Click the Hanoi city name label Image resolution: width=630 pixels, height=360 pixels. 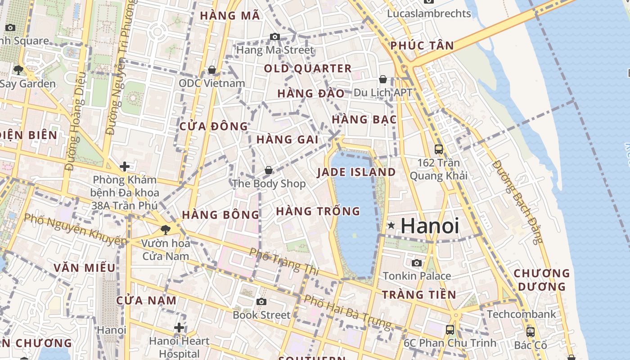tap(430, 225)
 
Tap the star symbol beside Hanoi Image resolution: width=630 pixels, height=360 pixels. tap(391, 225)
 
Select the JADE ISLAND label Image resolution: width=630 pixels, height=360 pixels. tap(356, 172)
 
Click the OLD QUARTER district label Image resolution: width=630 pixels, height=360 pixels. tap(308, 68)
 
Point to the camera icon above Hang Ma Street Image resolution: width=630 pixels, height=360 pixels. tap(275, 36)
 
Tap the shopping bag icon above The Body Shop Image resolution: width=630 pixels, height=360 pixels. tap(269, 170)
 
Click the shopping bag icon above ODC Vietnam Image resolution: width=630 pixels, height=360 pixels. tap(211, 70)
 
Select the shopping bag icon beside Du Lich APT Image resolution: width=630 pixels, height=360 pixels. tap(383, 79)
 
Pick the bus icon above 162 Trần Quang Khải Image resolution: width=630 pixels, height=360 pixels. tap(439, 149)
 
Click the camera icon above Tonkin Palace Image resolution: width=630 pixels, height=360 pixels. tap(417, 263)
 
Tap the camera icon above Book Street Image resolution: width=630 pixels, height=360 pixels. tap(261, 301)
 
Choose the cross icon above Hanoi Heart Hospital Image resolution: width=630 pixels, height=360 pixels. tap(179, 328)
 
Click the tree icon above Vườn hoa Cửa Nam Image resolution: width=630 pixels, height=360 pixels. tap(166, 230)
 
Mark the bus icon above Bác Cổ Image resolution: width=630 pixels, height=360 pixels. tap(531, 332)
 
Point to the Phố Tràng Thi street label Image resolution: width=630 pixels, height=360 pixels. tap(284, 261)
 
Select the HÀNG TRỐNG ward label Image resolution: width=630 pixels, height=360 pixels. tap(318, 211)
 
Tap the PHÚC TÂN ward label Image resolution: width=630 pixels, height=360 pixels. tap(422, 45)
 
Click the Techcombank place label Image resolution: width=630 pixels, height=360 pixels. tap(522, 314)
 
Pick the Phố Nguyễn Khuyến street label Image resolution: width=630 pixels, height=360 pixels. tap(76, 229)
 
